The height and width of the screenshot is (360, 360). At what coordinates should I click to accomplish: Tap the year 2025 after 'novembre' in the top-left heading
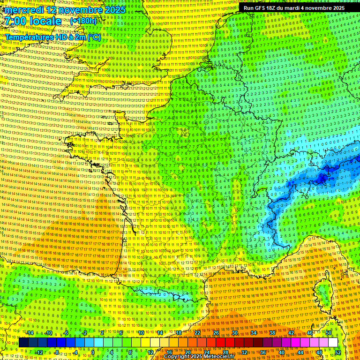(x=114, y=10)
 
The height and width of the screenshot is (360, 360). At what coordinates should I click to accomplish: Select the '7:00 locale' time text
(x=33, y=21)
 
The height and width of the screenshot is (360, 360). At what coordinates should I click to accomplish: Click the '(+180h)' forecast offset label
(x=83, y=21)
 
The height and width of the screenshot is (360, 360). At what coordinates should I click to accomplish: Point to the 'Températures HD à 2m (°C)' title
(x=53, y=37)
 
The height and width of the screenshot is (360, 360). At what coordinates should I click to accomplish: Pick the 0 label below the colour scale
(x=93, y=352)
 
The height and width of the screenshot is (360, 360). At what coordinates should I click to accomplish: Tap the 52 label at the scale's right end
(x=338, y=352)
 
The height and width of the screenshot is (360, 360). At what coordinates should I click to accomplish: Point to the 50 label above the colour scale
(x=329, y=332)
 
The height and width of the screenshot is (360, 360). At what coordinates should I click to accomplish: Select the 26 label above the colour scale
(x=216, y=332)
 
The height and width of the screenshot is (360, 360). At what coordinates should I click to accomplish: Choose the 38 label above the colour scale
(x=272, y=332)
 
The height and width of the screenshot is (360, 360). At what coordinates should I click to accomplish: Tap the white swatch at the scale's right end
(x=333, y=343)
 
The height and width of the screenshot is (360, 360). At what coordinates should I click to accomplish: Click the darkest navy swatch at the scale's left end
(x=23, y=343)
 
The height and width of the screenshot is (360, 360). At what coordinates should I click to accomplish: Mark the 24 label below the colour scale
(x=206, y=352)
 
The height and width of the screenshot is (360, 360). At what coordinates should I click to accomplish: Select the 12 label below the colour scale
(x=150, y=352)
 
